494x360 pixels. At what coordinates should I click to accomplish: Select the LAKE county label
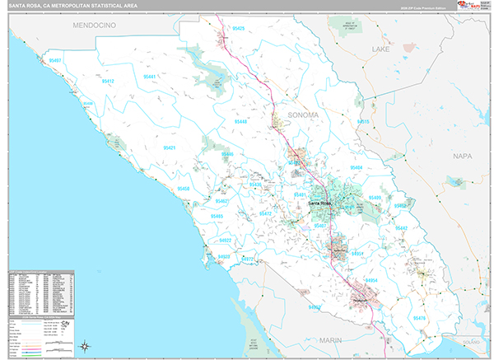click(380, 49)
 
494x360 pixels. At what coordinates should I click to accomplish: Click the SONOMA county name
click(302, 115)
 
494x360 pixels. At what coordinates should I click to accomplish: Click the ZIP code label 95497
click(55, 60)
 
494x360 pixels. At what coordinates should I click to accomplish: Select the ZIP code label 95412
click(108, 82)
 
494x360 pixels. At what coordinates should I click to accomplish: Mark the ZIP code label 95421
click(170, 147)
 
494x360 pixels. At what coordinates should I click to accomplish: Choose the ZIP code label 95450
click(183, 189)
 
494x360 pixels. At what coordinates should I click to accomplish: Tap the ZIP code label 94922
click(225, 240)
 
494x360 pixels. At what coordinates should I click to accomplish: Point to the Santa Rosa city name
click(321, 203)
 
